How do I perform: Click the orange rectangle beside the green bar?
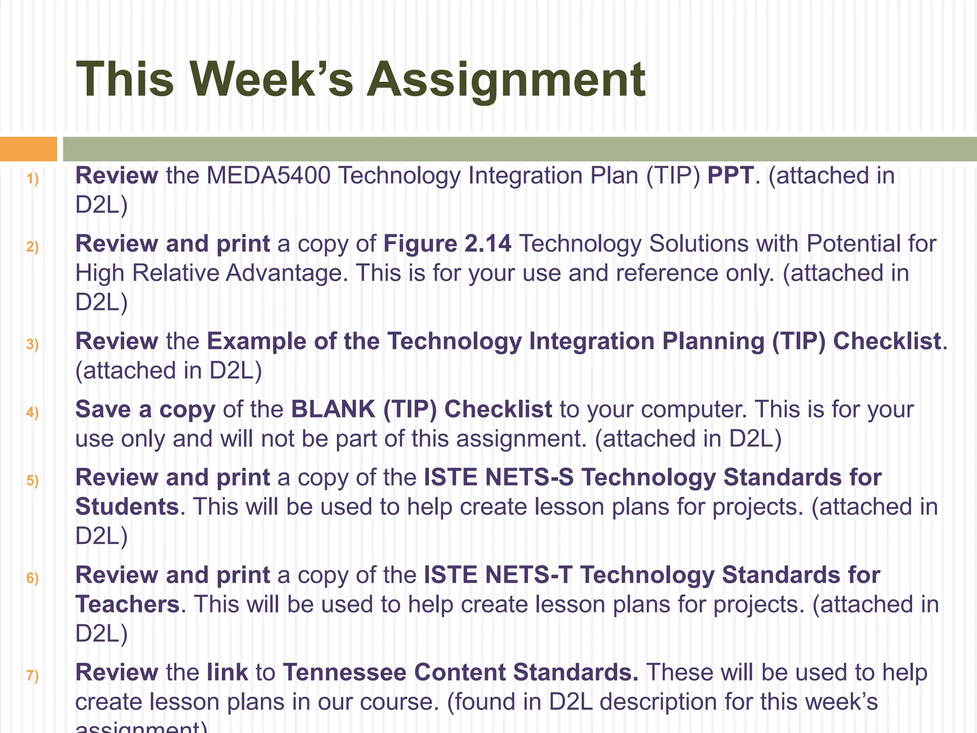pyautogui.click(x=28, y=149)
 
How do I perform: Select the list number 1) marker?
pyautogui.click(x=32, y=179)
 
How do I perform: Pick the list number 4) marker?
pyautogui.click(x=32, y=412)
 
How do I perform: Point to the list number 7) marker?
pyautogui.click(x=32, y=676)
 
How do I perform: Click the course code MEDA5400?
pyautogui.click(x=269, y=176)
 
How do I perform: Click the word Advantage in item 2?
pyautogui.click(x=284, y=273)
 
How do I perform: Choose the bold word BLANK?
pyautogui.click(x=333, y=409)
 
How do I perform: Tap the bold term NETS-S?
pyautogui.click(x=529, y=478)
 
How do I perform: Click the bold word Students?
pyautogui.click(x=127, y=507)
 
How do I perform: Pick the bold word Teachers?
pyautogui.click(x=127, y=604)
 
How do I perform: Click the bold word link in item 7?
pyautogui.click(x=227, y=672)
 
